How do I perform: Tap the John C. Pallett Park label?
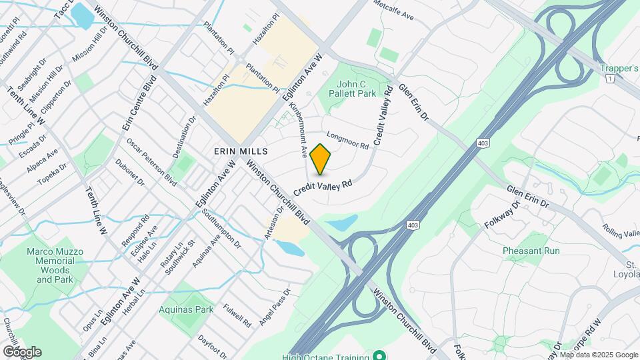coord(357,89)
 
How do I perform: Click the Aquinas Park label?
coord(186,309)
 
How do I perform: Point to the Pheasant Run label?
coord(531,251)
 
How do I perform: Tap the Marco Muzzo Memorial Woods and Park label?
coord(55,265)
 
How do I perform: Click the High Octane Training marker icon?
coord(379,355)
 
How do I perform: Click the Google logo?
coord(21,351)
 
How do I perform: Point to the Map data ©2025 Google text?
coord(599,355)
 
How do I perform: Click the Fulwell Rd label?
coord(237,315)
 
